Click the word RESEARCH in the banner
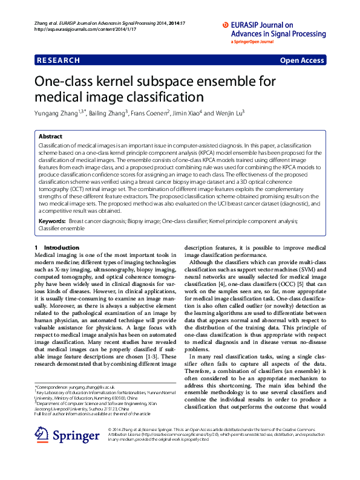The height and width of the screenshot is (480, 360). coord(58,60)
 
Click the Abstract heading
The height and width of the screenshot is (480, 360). coord(50,137)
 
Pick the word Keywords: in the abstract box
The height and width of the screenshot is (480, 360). coord(50,205)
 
